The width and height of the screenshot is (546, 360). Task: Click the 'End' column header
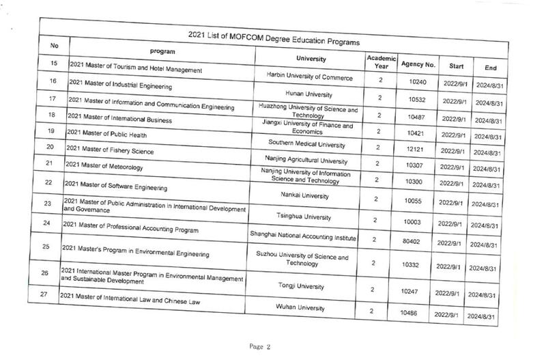[489, 68]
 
